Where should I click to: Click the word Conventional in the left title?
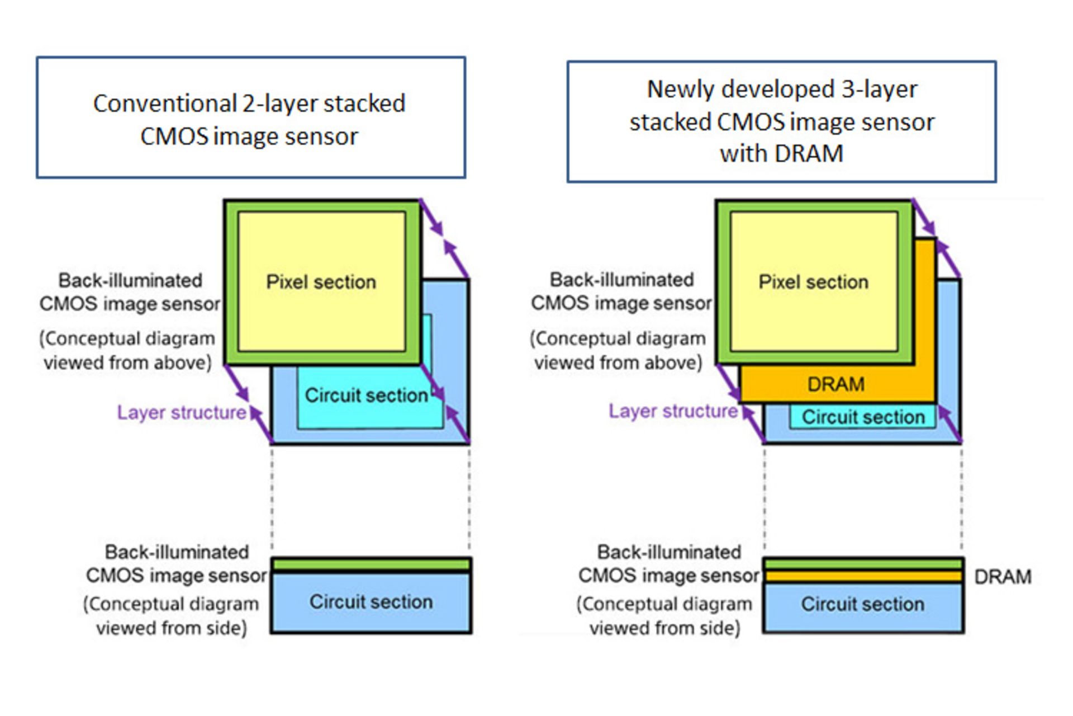[165, 104]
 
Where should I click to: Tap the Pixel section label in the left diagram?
[321, 282]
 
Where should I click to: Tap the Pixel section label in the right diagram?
[813, 282]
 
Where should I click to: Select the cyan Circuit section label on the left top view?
[366, 395]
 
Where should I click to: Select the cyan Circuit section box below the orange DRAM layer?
[863, 417]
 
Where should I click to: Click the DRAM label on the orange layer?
[835, 384]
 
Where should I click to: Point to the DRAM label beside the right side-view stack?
[1003, 577]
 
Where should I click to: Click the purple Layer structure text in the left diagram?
[182, 413]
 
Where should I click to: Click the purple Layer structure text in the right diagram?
[673, 411]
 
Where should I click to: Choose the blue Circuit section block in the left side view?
[371, 602]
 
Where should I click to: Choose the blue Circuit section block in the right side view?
[862, 604]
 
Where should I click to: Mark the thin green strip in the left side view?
[371, 565]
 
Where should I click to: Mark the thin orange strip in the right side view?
[863, 576]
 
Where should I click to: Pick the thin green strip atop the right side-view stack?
[863, 564]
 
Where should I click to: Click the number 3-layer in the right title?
[879, 89]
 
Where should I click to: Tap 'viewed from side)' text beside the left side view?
[172, 628]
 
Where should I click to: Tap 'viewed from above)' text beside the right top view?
[618, 362]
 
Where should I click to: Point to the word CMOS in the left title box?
[174, 136]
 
